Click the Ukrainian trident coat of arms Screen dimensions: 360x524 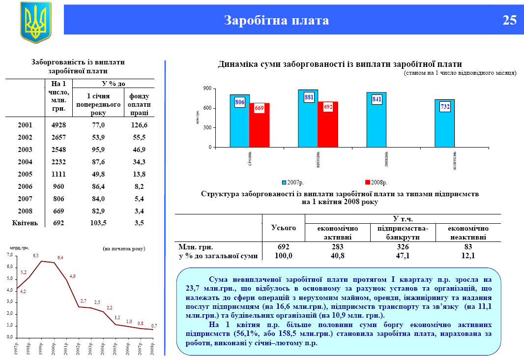point(35,22)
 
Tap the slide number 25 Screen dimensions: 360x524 point(509,20)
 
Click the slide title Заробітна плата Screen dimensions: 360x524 point(277,20)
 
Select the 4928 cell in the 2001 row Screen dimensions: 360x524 point(58,125)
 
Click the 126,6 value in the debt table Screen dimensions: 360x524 point(139,125)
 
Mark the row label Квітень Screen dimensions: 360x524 point(25,223)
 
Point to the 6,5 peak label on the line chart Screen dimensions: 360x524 point(36,256)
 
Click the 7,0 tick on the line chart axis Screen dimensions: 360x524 point(9,255)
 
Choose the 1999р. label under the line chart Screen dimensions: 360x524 point(42,348)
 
